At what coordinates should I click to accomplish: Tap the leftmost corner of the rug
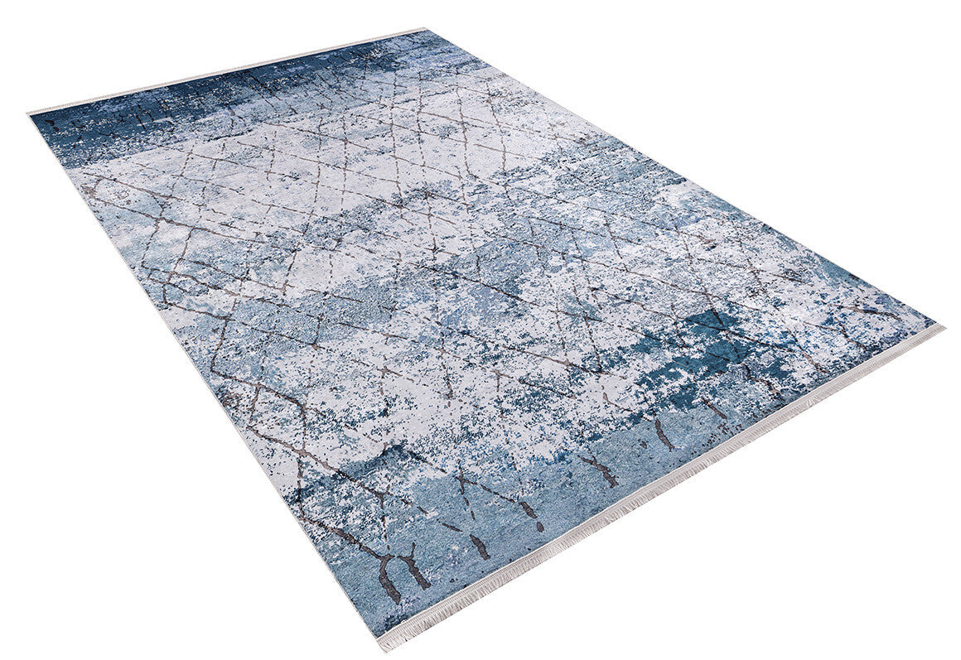click(x=30, y=113)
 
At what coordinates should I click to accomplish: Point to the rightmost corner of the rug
click(x=941, y=326)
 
